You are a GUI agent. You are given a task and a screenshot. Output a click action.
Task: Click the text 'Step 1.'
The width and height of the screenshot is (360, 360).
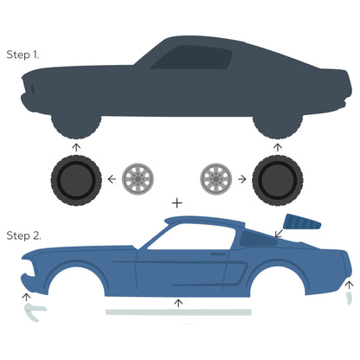[x=23, y=54]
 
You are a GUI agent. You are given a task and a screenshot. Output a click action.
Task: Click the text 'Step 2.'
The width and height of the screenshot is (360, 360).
[x=23, y=235]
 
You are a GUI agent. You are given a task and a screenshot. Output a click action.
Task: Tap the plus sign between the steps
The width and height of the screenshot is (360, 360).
[x=177, y=202]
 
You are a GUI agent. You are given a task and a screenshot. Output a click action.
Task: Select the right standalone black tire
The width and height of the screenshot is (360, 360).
[x=277, y=180]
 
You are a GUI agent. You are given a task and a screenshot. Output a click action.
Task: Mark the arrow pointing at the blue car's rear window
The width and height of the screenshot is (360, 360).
[x=280, y=232]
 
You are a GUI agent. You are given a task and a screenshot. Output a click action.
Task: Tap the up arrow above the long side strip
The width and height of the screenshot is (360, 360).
[x=178, y=302]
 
